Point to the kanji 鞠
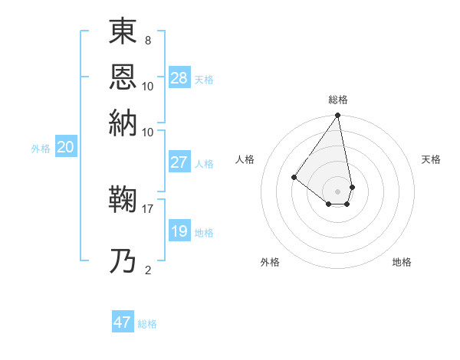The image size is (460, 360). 123,201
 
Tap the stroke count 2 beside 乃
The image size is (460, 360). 148,270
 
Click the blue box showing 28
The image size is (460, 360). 179,77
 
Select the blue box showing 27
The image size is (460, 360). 179,162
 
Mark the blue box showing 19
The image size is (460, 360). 179,231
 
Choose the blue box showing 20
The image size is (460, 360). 66,148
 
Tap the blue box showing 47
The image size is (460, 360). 123,322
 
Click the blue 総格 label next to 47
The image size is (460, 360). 147,325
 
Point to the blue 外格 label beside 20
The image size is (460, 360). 41,149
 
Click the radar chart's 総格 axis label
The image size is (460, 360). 338,100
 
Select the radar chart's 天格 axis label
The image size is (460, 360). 432,159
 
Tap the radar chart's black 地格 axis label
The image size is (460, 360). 402,262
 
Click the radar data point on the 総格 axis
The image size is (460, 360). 338,116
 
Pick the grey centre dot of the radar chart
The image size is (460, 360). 338,191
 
